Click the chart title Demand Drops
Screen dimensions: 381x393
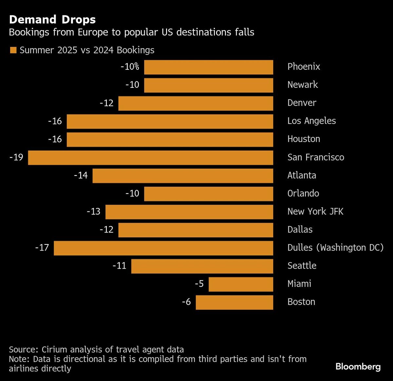pos(52,20)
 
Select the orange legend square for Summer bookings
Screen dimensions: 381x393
pos(13,50)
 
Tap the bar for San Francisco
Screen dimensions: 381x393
pos(151,158)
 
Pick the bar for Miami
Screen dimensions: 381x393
pos(241,284)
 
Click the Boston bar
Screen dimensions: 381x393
pos(234,302)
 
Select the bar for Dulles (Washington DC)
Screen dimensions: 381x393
pos(163,248)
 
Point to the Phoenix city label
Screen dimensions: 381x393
pos(304,67)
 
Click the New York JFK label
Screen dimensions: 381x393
pos(315,211)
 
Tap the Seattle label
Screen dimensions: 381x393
pos(302,266)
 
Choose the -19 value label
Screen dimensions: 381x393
pos(16,158)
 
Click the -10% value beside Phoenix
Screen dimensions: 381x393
pos(130,67)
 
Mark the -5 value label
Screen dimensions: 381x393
pos(199,284)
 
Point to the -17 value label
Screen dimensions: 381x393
pos(42,248)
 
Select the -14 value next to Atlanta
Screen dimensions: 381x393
pos(81,175)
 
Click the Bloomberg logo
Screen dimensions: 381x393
pos(358,367)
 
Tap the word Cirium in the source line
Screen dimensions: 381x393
pos(53,350)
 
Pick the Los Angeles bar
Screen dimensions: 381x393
pos(170,121)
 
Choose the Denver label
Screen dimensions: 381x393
pos(302,103)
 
